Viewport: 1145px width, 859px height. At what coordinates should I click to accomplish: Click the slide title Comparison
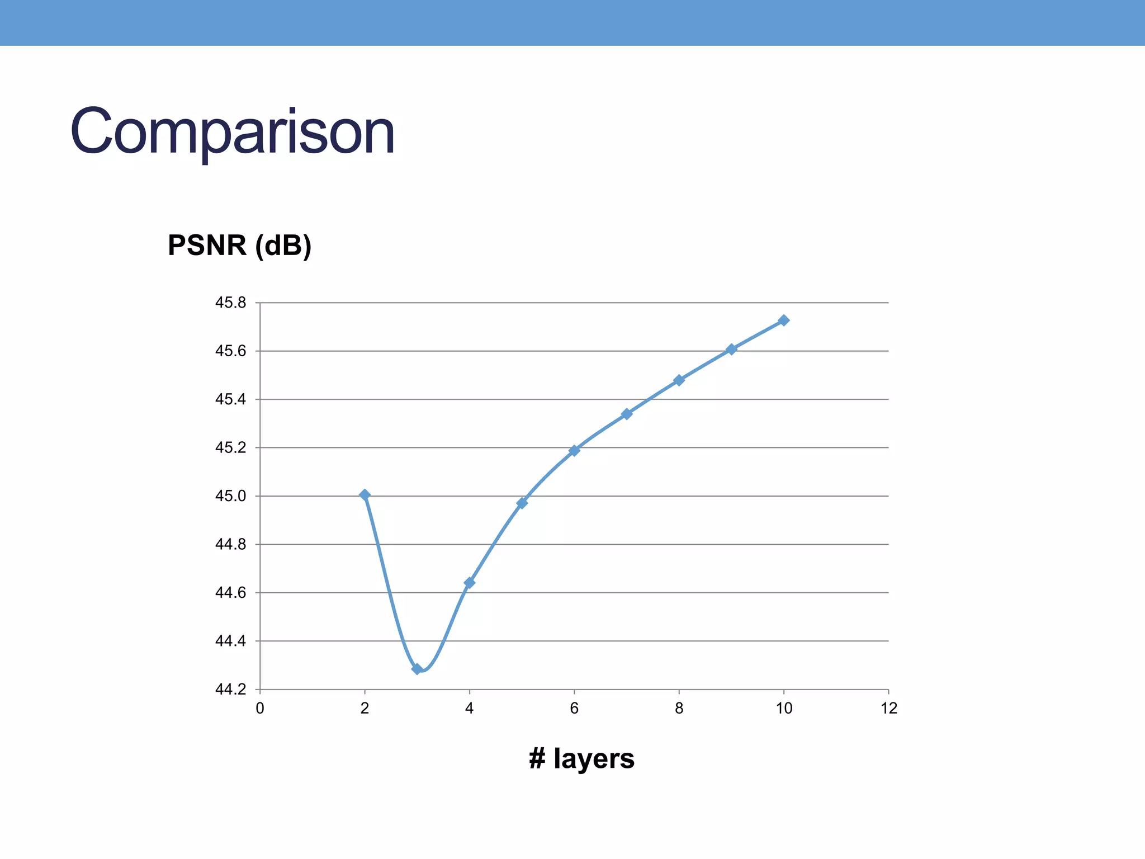point(233,133)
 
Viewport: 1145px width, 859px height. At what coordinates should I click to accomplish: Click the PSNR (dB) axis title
point(239,246)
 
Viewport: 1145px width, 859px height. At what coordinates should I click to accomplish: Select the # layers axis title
point(581,759)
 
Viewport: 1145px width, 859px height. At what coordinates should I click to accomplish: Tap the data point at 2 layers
point(365,495)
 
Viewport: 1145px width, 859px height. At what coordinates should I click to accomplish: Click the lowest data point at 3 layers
point(417,669)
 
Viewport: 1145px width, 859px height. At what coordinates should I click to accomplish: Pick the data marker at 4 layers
point(470,583)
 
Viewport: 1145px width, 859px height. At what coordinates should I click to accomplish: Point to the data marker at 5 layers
point(522,503)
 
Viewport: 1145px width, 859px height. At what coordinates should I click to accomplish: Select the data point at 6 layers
point(574,450)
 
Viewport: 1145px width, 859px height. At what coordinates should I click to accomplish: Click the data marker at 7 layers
point(627,414)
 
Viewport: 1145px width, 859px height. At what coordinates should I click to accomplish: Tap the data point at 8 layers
point(679,380)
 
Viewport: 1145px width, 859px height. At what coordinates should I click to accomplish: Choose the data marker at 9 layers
point(731,349)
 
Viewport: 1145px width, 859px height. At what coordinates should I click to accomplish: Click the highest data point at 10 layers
point(784,320)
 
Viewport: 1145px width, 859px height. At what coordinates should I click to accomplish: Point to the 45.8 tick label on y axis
point(230,303)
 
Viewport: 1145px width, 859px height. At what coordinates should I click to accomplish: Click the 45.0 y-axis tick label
point(230,496)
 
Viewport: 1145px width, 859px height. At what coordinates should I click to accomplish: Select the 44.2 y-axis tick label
point(230,690)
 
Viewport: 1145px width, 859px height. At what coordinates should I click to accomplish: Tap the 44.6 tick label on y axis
point(230,593)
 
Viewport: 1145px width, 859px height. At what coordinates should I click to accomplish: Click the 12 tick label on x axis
point(889,709)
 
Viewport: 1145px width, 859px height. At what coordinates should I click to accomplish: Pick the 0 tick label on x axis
point(260,709)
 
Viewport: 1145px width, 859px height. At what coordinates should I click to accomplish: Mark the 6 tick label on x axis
point(574,709)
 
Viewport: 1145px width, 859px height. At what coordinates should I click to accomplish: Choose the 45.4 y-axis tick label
point(230,399)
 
